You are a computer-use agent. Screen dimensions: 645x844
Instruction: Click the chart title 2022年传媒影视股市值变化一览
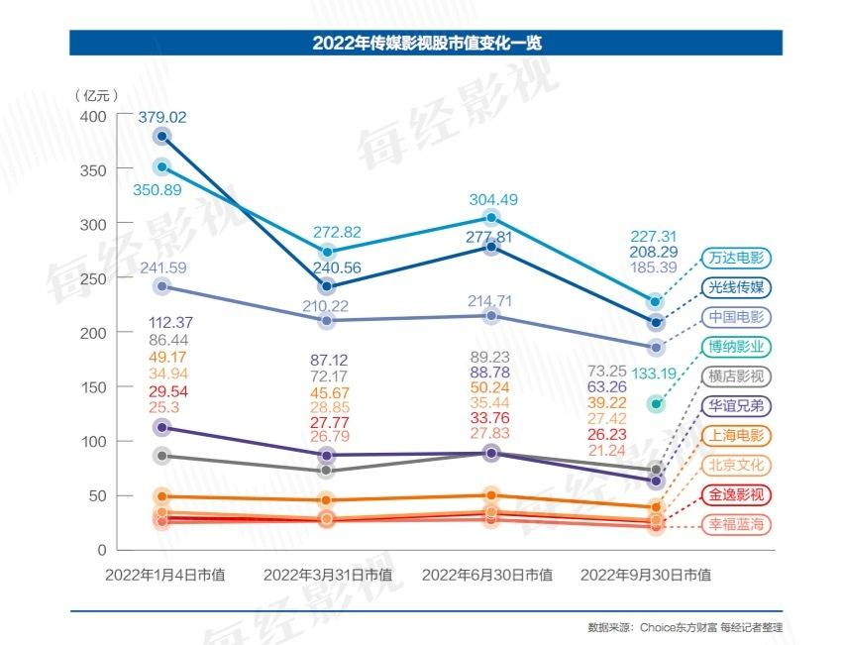[426, 43]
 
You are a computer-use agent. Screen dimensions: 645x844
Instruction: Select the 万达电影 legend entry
[736, 259]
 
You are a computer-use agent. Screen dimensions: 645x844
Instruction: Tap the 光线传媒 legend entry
[736, 287]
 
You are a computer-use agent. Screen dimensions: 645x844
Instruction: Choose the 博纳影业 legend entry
[736, 347]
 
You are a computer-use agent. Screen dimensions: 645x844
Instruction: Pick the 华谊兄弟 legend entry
[736, 405]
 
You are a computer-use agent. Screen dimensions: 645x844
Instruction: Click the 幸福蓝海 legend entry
[736, 524]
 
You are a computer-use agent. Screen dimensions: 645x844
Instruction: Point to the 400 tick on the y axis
[92, 116]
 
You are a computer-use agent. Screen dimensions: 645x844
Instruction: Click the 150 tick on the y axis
[92, 387]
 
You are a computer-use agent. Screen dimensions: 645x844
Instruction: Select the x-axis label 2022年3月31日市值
[328, 575]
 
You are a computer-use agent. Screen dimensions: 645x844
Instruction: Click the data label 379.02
[162, 117]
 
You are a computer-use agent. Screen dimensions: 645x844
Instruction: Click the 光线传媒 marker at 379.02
[162, 137]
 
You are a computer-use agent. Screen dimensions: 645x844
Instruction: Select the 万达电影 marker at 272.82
[328, 253]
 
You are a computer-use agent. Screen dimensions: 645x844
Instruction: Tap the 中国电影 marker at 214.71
[490, 316]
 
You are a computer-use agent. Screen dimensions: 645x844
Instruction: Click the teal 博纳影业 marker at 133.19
[655, 403]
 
